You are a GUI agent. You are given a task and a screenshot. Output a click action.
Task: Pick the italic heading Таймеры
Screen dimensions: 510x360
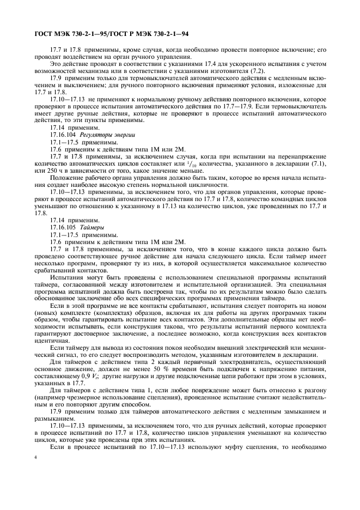tap(93, 226)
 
